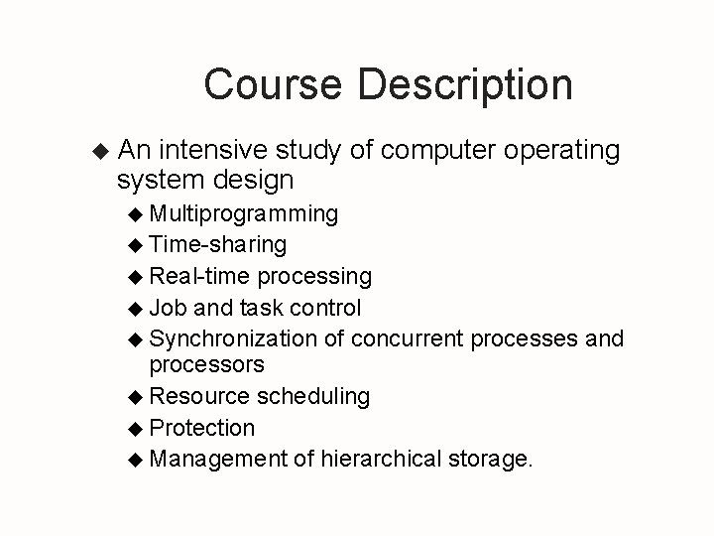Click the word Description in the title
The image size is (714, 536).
[465, 85]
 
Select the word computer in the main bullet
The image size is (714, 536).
[437, 151]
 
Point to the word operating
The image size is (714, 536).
[561, 152]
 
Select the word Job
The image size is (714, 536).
[168, 307]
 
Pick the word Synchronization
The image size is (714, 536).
[233, 338]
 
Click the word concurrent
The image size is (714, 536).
[408, 338]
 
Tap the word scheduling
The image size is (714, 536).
[313, 396]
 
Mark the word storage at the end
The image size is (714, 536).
[490, 460]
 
